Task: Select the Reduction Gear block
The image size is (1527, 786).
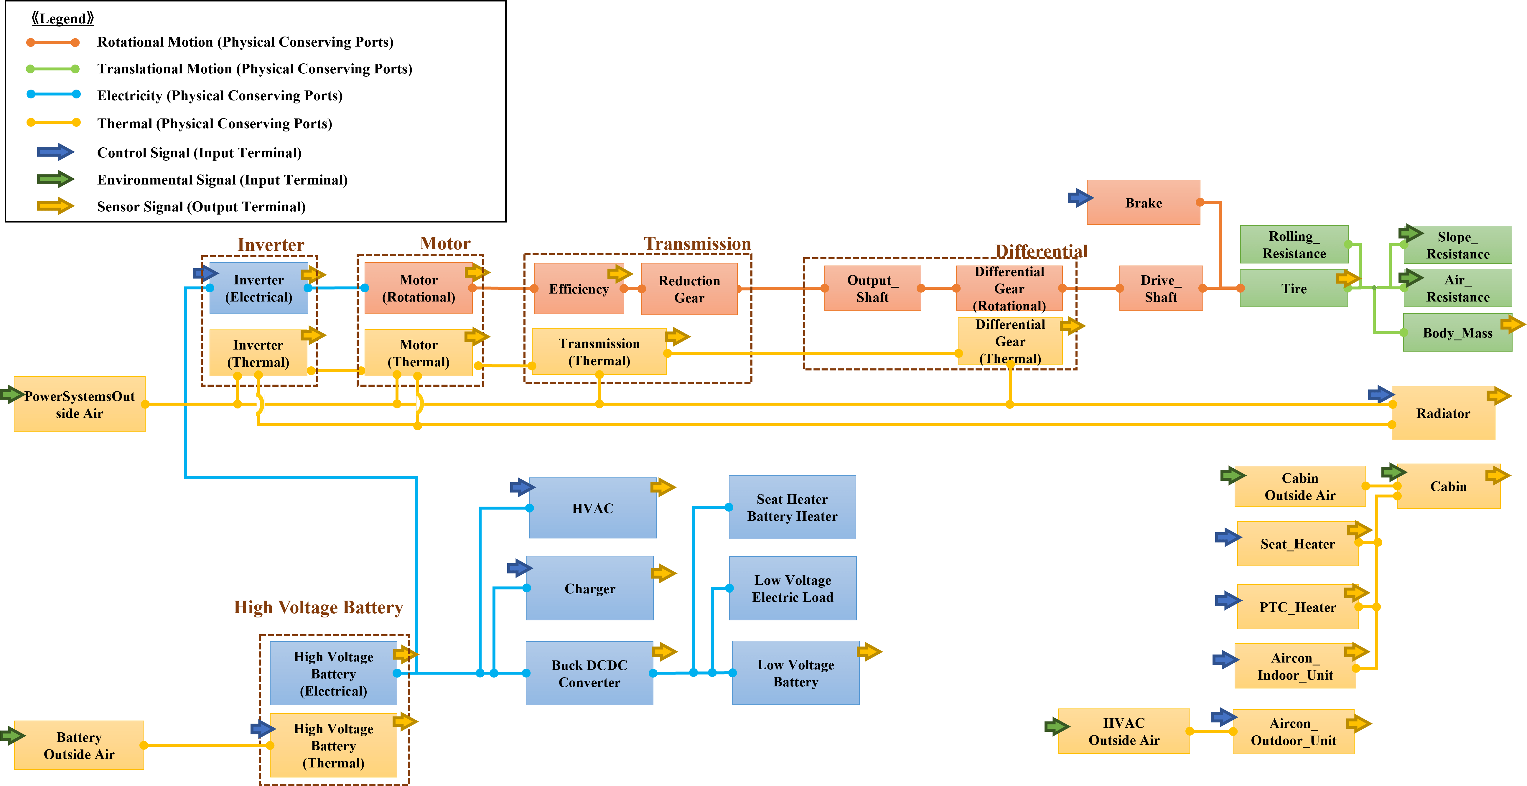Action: tap(689, 289)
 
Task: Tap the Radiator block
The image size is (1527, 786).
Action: tap(1443, 413)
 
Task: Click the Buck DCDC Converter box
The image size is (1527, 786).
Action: tap(589, 673)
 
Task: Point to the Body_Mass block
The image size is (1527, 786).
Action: tap(1457, 333)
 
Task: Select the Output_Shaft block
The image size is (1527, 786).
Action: tap(872, 289)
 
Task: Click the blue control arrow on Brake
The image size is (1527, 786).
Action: tap(1080, 197)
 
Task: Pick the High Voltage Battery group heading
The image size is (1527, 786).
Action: tap(318, 607)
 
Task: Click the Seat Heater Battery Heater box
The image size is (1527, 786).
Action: tap(792, 507)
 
